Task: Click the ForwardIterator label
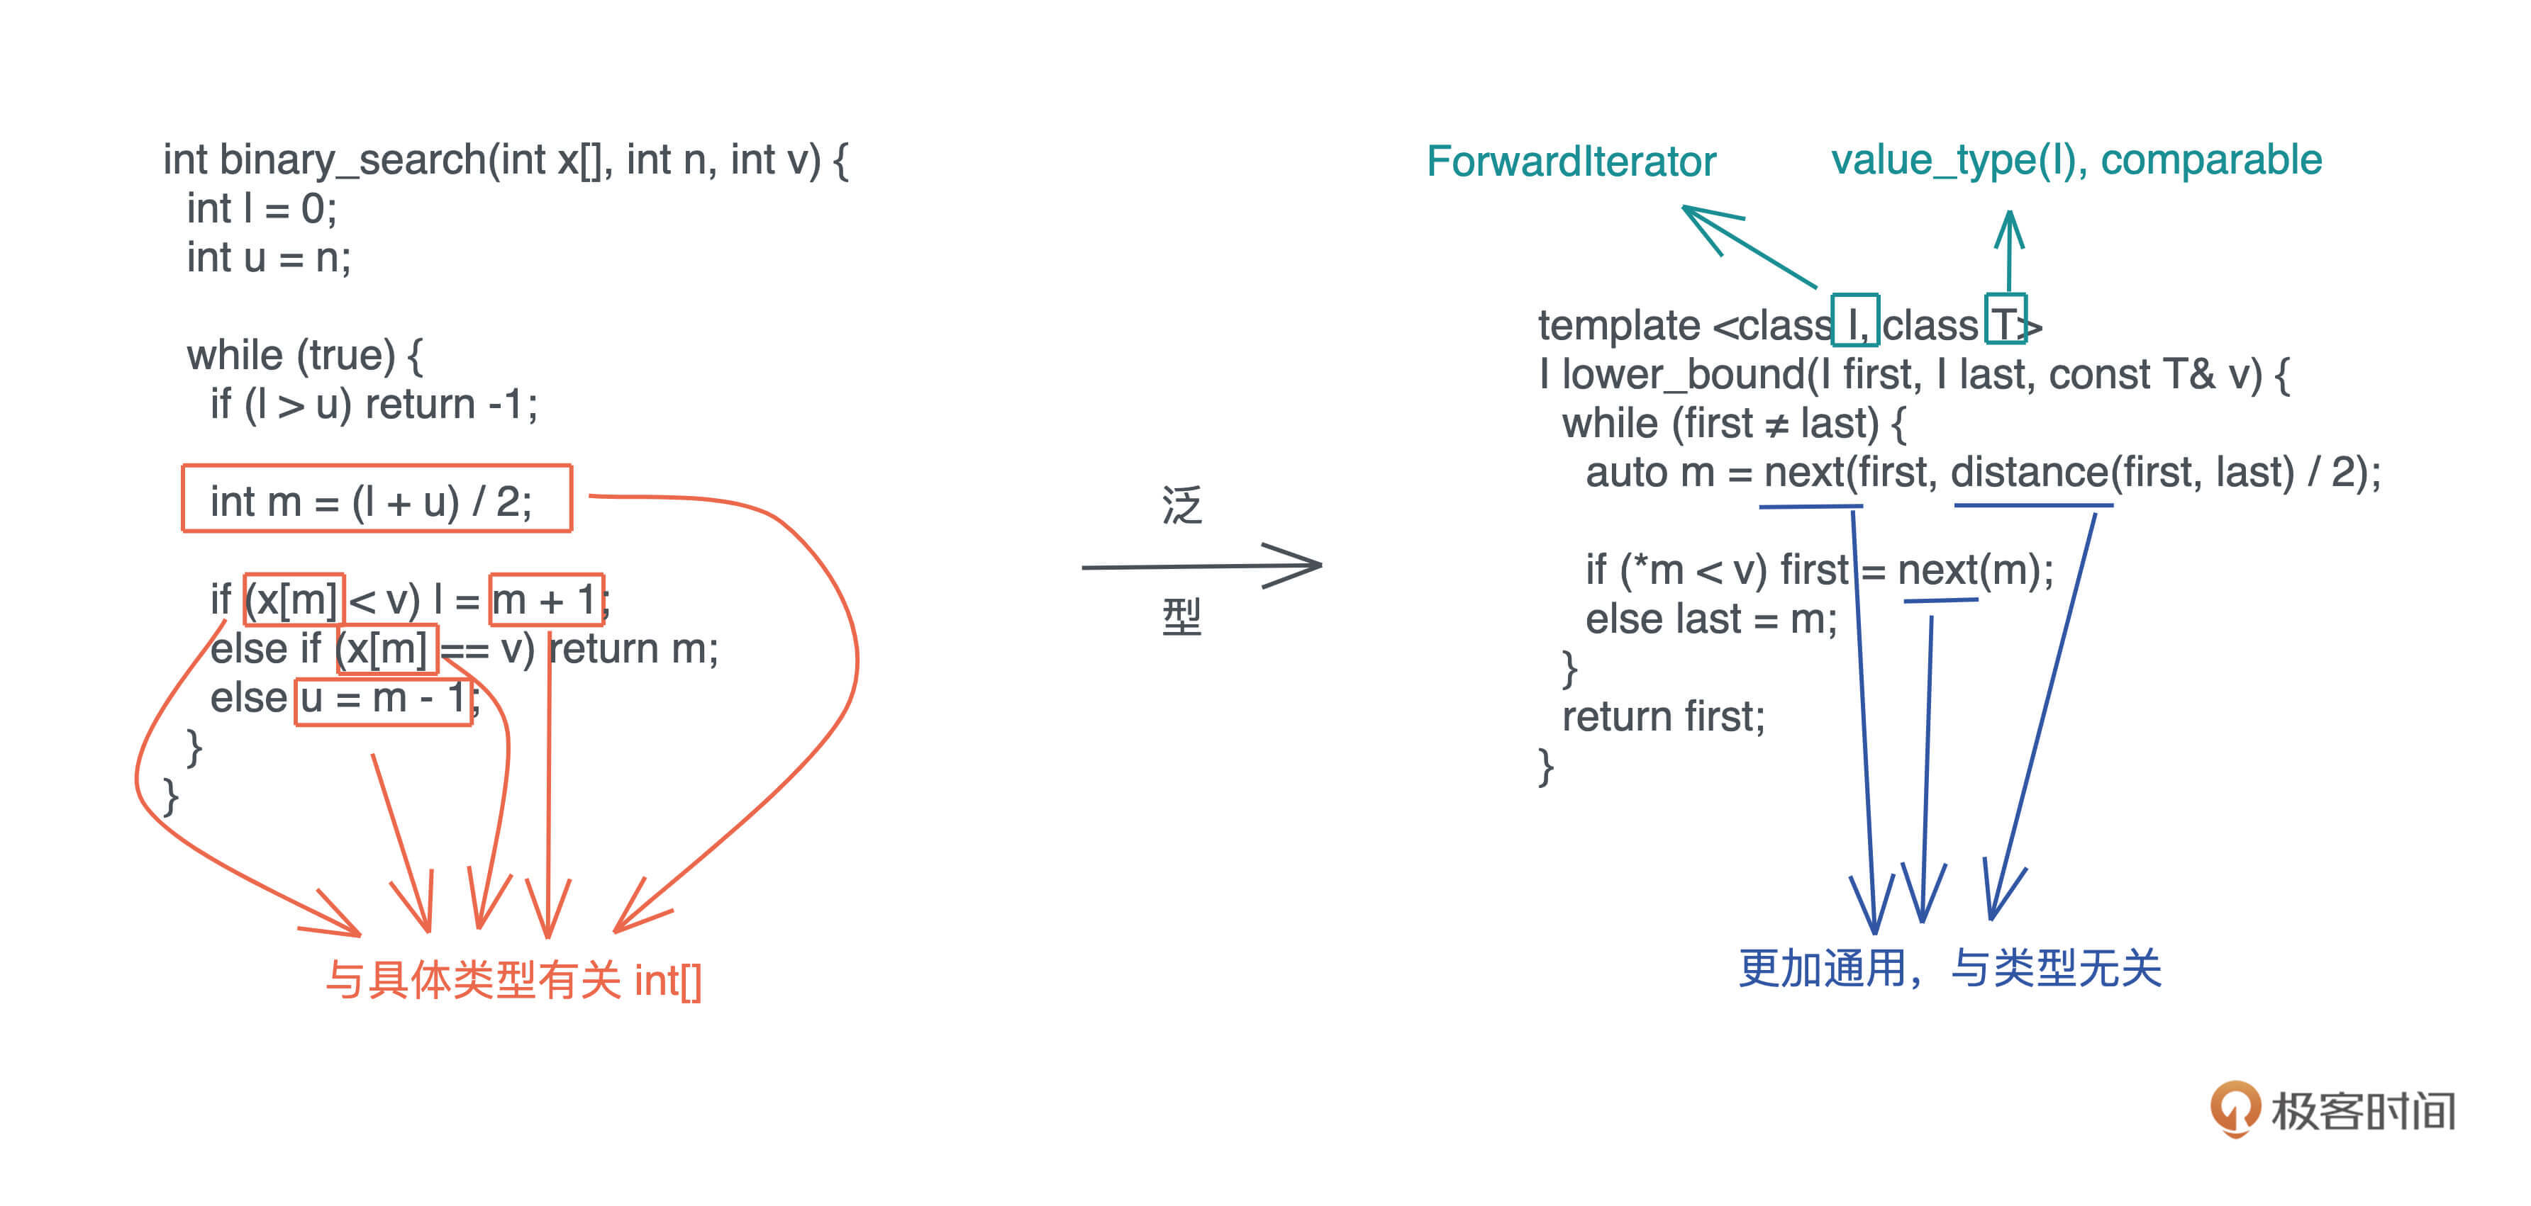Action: (x=1571, y=161)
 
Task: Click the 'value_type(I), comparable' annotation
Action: (x=2076, y=160)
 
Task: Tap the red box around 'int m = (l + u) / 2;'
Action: (x=377, y=498)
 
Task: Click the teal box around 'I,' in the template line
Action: (x=1856, y=319)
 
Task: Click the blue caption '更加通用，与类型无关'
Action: (x=1949, y=969)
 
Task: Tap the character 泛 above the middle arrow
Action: (x=1182, y=506)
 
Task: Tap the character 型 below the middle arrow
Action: (x=1182, y=616)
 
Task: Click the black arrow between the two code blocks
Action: (x=1201, y=565)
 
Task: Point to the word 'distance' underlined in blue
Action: (x=2030, y=473)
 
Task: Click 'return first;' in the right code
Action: (x=1664, y=717)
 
